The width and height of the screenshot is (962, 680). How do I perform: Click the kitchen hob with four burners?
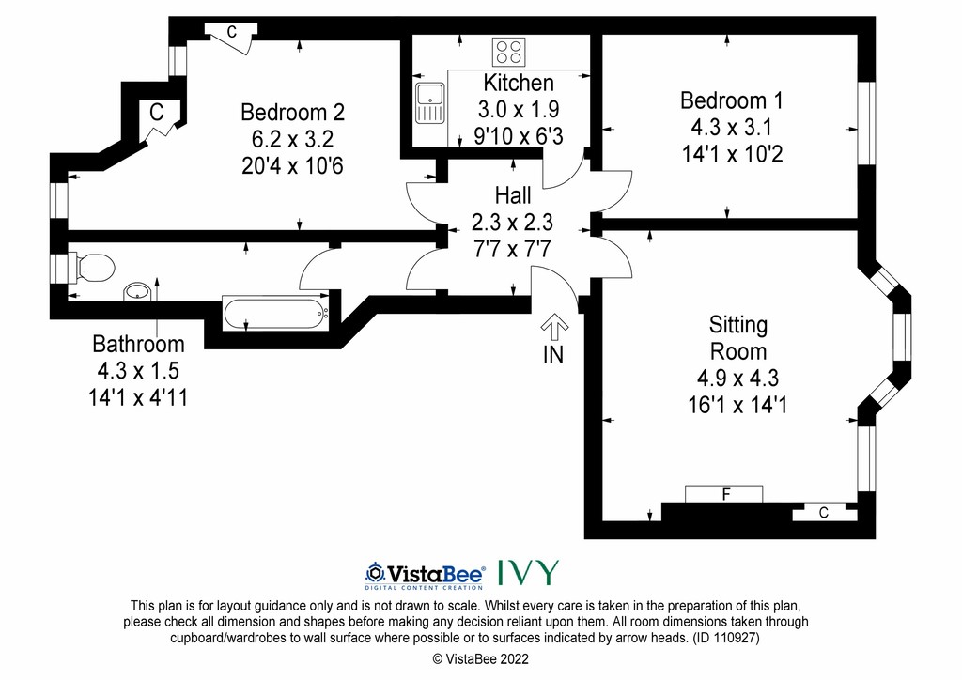508,52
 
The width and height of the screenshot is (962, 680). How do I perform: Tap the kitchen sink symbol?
430,102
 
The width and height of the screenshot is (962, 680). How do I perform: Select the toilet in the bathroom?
92,268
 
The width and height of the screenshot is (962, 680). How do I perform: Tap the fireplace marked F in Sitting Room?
724,494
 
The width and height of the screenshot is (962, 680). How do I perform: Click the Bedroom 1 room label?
732,100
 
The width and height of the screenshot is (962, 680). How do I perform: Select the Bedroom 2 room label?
293,112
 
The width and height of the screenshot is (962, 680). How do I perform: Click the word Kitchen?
519,83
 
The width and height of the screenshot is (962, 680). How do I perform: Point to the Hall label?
513,195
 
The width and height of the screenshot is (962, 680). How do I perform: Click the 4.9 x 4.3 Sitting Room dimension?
738,378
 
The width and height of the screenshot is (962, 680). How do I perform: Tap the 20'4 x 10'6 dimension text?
293,165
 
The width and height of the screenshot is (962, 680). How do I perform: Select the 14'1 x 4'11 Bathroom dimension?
138,397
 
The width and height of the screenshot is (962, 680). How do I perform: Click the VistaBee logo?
426,575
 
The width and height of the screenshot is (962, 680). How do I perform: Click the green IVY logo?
528,572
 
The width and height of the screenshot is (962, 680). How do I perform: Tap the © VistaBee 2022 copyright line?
480,659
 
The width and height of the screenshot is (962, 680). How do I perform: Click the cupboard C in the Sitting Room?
824,513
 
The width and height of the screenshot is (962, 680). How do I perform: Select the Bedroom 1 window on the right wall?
866,123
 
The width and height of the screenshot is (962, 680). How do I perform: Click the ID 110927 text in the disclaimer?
726,638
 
